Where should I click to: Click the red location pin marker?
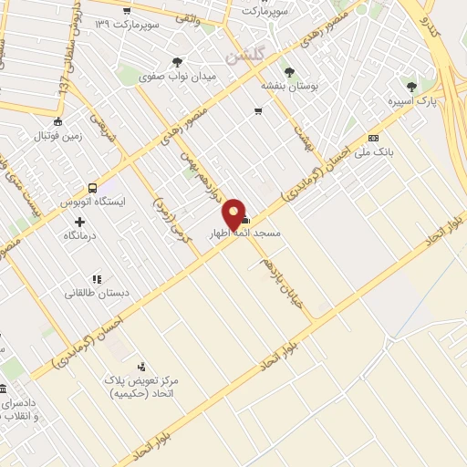(234, 213)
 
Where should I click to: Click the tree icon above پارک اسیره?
(407, 88)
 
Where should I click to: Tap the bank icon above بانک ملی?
(374, 138)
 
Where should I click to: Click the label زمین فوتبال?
(58, 136)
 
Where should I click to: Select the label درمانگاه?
(80, 235)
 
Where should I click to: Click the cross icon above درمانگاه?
(80, 222)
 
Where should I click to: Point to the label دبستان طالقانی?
(94, 293)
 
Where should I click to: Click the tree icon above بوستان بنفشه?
(289, 71)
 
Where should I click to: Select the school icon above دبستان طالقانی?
(95, 279)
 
